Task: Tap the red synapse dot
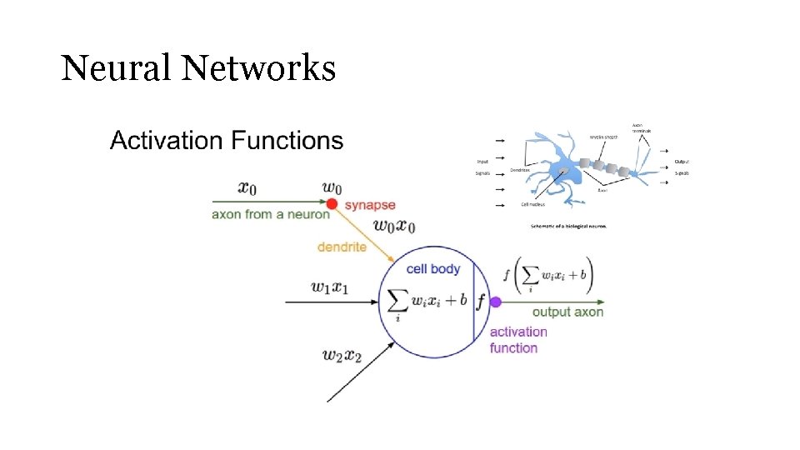point(332,204)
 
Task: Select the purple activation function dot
point(495,302)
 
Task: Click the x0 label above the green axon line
point(247,187)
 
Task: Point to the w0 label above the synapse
point(332,187)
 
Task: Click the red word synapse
point(370,205)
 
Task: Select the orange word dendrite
point(342,247)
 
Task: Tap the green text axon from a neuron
point(271,214)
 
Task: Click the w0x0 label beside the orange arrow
point(394,226)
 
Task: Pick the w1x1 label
point(330,287)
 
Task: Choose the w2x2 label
point(342,355)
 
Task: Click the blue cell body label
point(432,269)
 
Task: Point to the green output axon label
point(567,312)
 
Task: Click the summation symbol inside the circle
point(398,302)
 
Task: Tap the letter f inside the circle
point(481,302)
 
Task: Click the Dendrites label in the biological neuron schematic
point(521,169)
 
